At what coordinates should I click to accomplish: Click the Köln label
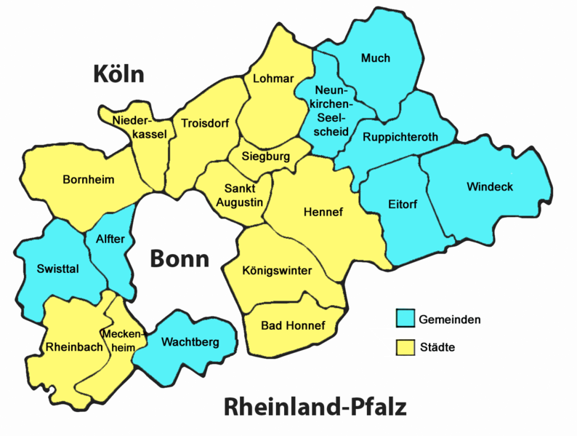(119, 74)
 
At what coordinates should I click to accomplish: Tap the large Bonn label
(179, 259)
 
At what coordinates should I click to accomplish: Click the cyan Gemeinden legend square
(405, 318)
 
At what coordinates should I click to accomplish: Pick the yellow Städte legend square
(405, 347)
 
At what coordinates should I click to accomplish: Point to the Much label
(375, 58)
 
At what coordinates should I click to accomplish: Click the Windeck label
(489, 187)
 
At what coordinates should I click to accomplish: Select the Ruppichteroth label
(398, 137)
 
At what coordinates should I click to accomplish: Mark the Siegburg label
(266, 156)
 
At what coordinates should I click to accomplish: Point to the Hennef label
(323, 212)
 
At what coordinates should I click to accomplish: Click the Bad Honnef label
(293, 325)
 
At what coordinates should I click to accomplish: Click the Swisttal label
(57, 269)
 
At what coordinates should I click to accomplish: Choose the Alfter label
(110, 239)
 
